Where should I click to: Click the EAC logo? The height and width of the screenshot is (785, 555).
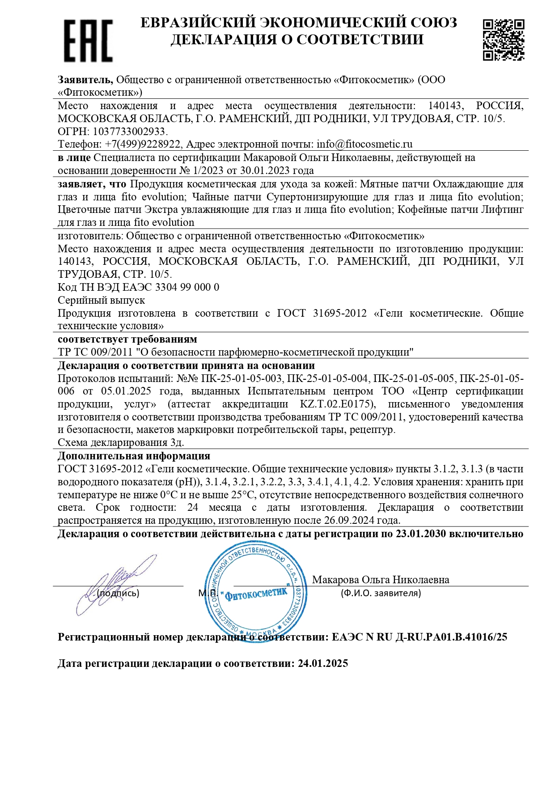point(88,41)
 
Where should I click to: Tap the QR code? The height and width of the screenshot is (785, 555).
point(503,39)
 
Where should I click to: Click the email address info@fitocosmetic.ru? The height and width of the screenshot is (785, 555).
point(364,144)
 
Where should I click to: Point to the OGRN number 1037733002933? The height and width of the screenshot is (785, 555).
point(129,132)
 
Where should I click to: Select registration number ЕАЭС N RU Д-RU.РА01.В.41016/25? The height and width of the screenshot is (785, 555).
point(419,637)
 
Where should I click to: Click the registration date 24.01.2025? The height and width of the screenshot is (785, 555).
point(323,663)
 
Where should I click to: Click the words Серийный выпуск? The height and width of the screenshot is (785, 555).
point(102,300)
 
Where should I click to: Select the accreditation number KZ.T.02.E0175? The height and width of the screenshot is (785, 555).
point(336,404)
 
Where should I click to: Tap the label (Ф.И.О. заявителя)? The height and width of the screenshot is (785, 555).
point(381,593)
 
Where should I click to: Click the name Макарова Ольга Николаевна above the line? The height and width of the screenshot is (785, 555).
point(381,580)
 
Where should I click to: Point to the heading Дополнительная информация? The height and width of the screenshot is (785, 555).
point(134,456)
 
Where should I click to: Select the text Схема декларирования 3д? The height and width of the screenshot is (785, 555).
point(121,443)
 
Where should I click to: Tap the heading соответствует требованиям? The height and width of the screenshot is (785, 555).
point(127,339)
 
